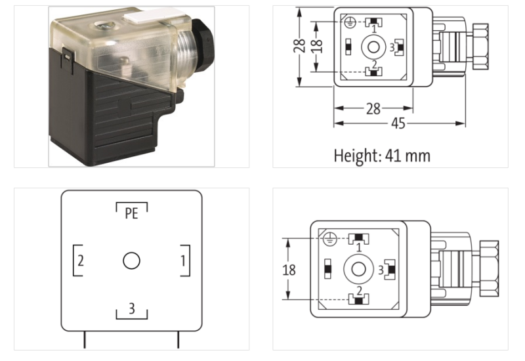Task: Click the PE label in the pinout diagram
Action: point(131,213)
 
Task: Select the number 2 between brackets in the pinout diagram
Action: point(80,261)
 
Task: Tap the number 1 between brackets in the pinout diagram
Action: point(182,261)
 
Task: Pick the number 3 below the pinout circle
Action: point(131,308)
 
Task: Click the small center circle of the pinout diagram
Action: point(131,261)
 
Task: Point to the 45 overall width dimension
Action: point(398,123)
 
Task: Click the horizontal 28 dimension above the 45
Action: point(373,109)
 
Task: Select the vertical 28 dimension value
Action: point(300,47)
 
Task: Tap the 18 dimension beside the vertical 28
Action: point(318,46)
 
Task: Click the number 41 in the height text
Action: point(403,156)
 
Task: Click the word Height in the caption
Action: point(357,156)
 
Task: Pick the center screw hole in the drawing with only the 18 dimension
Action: point(358,268)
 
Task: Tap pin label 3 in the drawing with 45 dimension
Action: point(392,47)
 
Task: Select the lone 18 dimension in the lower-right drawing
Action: point(289,270)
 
